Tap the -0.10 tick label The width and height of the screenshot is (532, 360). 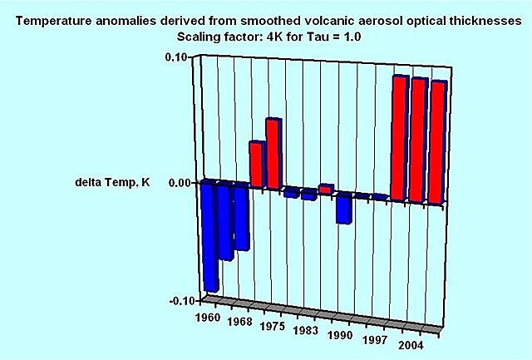pos(179,301)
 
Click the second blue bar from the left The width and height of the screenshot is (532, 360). pos(225,221)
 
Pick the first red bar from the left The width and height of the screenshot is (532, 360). pos(257,164)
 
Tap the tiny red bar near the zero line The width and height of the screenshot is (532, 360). pos(326,189)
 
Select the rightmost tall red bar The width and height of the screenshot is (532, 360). pos(438,142)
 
